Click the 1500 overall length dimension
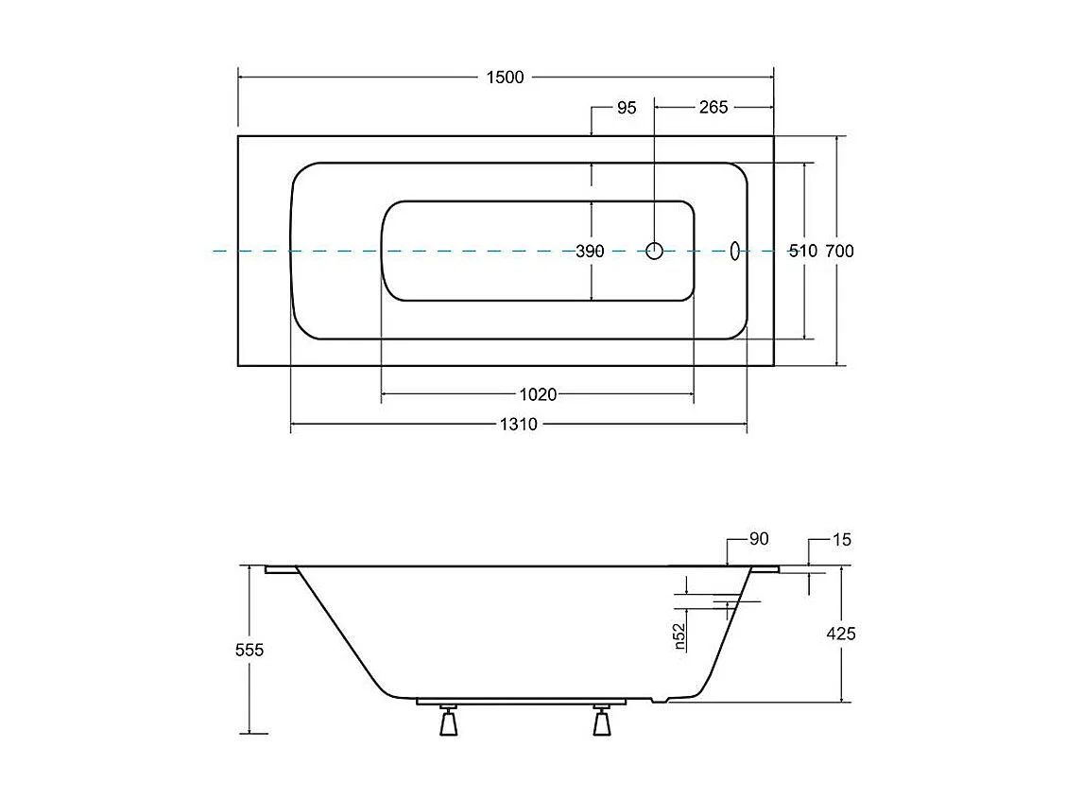point(505,78)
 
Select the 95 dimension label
point(627,108)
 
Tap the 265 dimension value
point(714,108)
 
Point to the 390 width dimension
point(590,252)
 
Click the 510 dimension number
point(802,252)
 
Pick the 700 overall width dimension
point(839,252)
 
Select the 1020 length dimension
point(538,394)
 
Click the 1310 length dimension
point(518,425)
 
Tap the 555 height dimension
point(249,650)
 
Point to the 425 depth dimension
point(840,634)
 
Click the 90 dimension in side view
point(758,539)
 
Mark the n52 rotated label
point(679,636)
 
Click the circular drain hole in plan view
point(655,251)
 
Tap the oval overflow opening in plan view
point(734,251)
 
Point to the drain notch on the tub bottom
point(662,701)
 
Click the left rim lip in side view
point(281,570)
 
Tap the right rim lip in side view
point(765,570)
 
